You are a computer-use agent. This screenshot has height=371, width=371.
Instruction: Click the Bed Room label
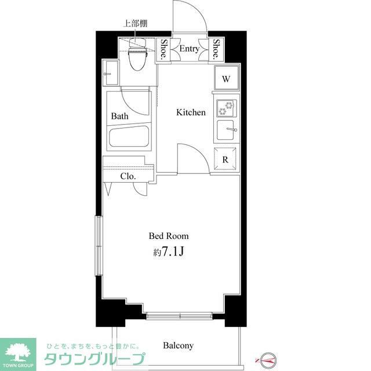[x=169, y=236]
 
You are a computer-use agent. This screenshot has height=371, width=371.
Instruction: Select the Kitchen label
[x=191, y=112]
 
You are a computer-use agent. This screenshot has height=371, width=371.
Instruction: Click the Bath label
[x=120, y=116]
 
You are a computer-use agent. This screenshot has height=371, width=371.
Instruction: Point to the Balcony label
[x=178, y=345]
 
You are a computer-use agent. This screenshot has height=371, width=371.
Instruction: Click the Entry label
[x=189, y=49]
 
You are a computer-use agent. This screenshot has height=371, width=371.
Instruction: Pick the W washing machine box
[x=226, y=78]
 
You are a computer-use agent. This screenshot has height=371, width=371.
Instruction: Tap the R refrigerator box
[x=225, y=159]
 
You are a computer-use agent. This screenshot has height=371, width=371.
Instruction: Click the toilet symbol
[x=137, y=57]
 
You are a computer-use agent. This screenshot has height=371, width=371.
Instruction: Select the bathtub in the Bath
[x=129, y=138]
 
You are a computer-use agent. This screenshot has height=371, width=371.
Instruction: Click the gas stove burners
[x=225, y=108]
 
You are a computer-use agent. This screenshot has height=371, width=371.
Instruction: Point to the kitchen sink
[x=226, y=130]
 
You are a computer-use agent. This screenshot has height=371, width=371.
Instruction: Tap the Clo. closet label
[x=128, y=177]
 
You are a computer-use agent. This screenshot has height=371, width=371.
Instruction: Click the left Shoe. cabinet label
[x=165, y=49]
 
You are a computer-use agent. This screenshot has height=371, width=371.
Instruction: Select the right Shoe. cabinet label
[x=216, y=49]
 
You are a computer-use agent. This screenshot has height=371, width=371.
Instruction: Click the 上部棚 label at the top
[x=134, y=24]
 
